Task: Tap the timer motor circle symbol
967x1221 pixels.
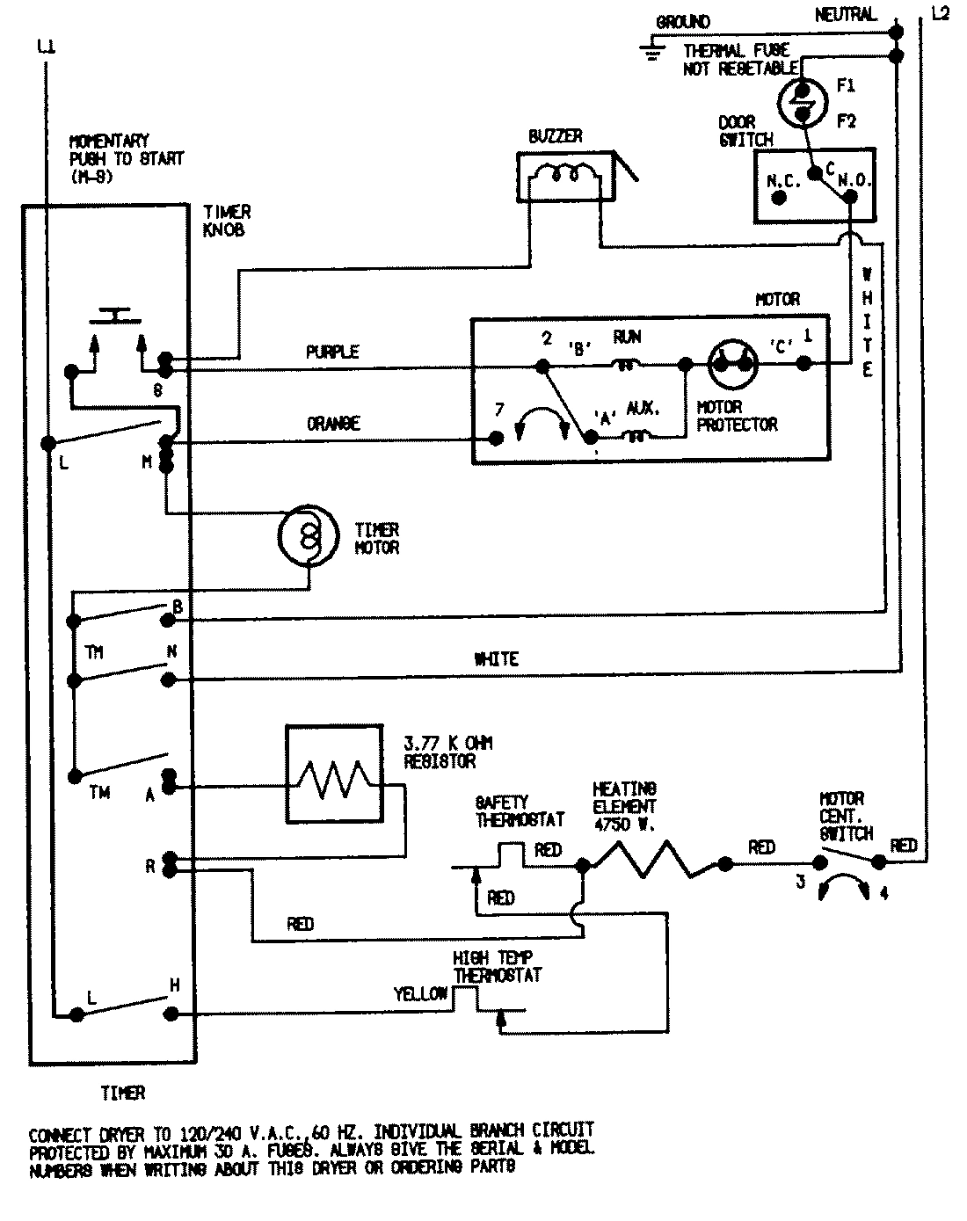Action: pyautogui.click(x=308, y=534)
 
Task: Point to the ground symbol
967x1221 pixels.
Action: pyautogui.click(x=651, y=51)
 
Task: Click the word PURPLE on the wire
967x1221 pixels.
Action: pyautogui.click(x=332, y=352)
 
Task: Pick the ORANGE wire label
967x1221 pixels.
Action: pyautogui.click(x=333, y=423)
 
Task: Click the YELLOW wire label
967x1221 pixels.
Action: pyautogui.click(x=420, y=994)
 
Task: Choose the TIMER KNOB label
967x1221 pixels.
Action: pyautogui.click(x=227, y=221)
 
